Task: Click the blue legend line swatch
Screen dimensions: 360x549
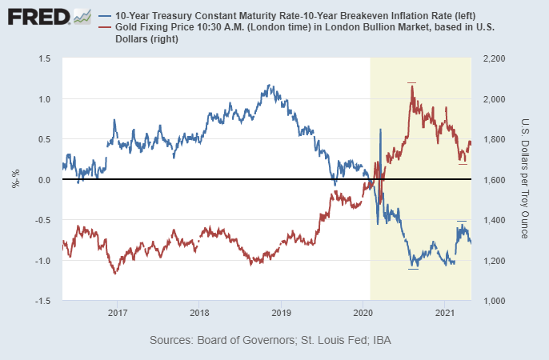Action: [107, 16]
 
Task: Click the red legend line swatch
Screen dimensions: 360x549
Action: [107, 28]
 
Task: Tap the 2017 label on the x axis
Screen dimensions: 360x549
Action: [117, 311]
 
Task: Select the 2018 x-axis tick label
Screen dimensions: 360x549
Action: [199, 311]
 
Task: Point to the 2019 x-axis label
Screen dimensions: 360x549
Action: [281, 311]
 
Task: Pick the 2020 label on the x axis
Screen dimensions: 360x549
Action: [363, 311]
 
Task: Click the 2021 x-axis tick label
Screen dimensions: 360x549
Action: [445, 311]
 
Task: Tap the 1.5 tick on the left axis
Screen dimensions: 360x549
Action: [44, 59]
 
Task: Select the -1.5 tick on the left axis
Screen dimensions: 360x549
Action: [42, 301]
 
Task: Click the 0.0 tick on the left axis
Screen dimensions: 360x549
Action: [44, 180]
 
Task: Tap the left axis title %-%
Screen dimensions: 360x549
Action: [15, 180]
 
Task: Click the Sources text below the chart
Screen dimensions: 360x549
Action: [270, 341]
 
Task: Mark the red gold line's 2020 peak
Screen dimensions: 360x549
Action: [412, 86]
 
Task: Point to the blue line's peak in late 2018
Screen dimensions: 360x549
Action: [270, 86]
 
